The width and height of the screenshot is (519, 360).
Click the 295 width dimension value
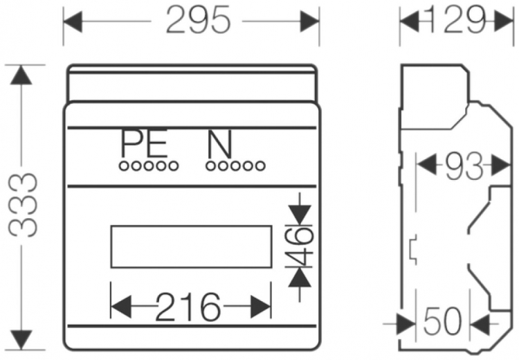[x=198, y=21]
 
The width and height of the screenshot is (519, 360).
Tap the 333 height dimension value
[x=23, y=206]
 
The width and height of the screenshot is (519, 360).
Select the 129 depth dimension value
[x=454, y=21]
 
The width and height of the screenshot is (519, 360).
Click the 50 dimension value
[x=441, y=322]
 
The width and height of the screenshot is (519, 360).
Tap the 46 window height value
[x=300, y=246]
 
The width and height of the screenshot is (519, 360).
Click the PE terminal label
[x=144, y=145]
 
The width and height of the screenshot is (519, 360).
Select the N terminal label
[x=219, y=145]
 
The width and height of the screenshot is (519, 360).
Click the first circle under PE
[x=122, y=165]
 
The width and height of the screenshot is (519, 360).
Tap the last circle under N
[x=260, y=165]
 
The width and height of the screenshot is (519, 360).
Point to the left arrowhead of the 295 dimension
[x=73, y=21]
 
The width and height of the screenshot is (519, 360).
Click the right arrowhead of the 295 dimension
[x=311, y=21]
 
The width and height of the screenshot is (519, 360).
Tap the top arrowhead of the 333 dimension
[x=23, y=75]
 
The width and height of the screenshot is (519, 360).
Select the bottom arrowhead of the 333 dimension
[x=23, y=340]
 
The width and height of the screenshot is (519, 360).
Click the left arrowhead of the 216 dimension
[x=120, y=305]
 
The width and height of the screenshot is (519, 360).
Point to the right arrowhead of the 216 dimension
[x=262, y=305]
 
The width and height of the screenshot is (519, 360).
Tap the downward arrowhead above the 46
[x=299, y=215]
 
